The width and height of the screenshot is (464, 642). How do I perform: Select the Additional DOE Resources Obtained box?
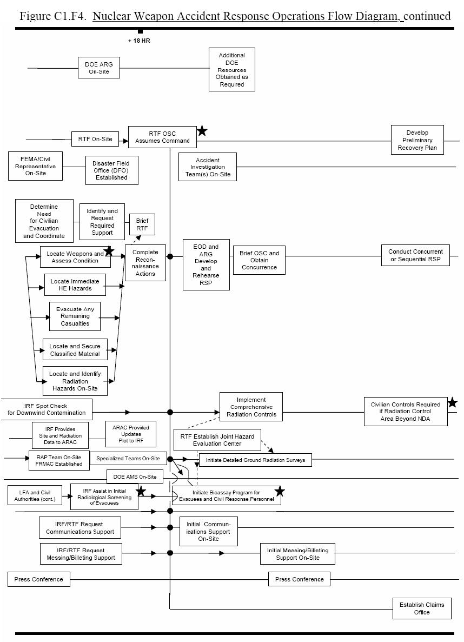coord(232,70)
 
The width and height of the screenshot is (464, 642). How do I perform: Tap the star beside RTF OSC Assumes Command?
coord(202,131)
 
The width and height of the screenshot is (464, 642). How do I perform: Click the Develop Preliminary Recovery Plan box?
coord(417,140)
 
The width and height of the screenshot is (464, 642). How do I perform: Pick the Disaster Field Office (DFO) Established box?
coord(111,170)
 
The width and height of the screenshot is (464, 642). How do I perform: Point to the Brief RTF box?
coord(142,224)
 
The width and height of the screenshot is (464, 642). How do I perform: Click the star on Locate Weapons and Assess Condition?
coord(109,250)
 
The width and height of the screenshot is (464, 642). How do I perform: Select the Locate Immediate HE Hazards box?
coord(75,284)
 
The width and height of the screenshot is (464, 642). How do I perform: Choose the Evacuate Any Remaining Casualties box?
coord(75,316)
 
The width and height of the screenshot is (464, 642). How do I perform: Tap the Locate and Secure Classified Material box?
coord(75,350)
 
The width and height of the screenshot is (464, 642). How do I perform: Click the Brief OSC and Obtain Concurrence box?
coord(259,260)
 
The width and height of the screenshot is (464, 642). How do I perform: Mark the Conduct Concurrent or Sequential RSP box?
coord(415,255)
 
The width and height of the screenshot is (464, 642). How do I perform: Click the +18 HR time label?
coord(139,41)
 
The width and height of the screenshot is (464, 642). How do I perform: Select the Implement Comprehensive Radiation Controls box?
coord(251,407)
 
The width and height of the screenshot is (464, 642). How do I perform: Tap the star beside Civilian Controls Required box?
coord(452,402)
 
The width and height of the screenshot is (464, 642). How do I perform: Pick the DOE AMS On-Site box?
coord(135,476)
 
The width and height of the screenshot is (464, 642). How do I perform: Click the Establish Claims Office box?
coord(422,608)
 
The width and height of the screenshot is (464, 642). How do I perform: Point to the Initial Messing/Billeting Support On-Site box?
coord(297,554)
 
